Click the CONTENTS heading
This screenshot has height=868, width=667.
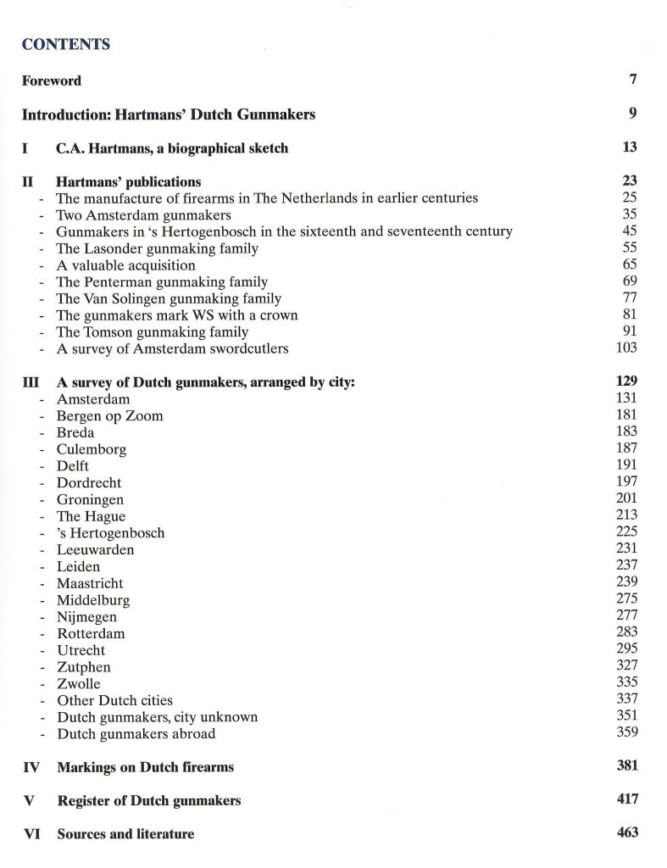coord(65,45)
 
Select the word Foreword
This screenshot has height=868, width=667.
coord(52,81)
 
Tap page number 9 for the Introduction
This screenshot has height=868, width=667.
coord(632,114)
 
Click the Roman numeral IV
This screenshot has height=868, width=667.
coord(31,767)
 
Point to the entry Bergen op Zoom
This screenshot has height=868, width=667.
coord(109,415)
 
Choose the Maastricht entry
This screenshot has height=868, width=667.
coord(90,583)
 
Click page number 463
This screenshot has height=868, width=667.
coord(627,832)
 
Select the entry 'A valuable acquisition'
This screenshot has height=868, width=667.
coord(125,265)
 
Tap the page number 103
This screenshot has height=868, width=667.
coord(626,348)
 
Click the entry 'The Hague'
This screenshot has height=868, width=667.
coord(91,516)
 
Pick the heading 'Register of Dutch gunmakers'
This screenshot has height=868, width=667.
coord(148,800)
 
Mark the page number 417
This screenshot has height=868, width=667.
coord(627,798)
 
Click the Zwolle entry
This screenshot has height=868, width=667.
coord(78,683)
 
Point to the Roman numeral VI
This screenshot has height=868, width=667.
coord(31,834)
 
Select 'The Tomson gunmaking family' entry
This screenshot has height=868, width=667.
coord(152,332)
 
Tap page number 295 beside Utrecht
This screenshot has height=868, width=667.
coord(626,648)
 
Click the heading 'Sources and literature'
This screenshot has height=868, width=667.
coord(125,834)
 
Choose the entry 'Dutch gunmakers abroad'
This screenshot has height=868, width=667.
coord(136,734)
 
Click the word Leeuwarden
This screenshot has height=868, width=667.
coord(95,549)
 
